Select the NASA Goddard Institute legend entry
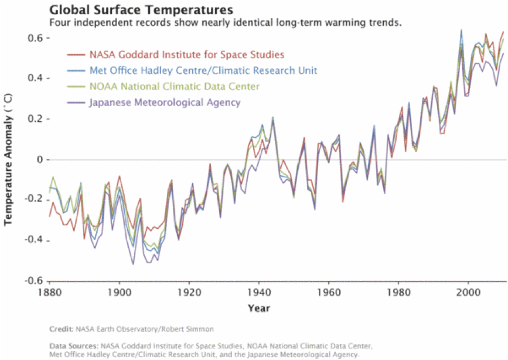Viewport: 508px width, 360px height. pos(186,54)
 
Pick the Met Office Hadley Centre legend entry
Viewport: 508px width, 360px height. pos(203,70)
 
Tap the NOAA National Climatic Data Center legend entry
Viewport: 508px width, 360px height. pos(174,87)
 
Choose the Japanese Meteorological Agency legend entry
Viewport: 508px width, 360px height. pos(165,102)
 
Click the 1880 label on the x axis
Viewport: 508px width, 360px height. pos(50,292)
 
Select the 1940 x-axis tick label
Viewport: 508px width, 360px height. pos(258,292)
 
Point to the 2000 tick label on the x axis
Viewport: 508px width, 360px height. pos(468,292)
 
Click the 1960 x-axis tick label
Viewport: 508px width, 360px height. pos(328,292)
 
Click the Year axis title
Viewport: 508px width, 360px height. pos(258,308)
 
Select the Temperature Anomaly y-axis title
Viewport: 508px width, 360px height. pos(8,158)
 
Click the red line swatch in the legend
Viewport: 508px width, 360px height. pos(76,54)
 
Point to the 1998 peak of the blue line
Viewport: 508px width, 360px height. pos(461,30)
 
